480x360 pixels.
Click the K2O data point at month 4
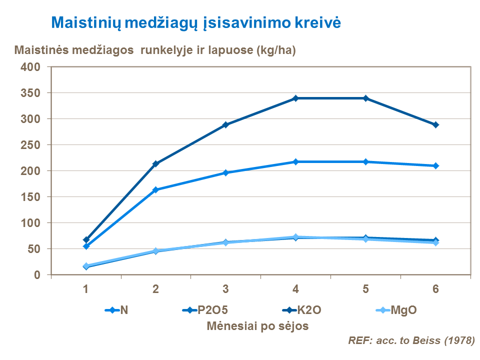coord(295,98)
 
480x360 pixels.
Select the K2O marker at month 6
coord(435,124)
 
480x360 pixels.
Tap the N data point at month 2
coord(155,190)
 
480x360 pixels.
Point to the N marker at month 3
coord(225,172)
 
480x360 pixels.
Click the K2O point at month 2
coord(155,163)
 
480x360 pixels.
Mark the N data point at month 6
coord(435,165)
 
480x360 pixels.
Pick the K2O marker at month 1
coord(86,240)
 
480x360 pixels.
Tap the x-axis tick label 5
coord(365,289)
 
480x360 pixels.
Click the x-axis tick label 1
coord(86,289)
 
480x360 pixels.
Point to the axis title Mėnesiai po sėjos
coord(257,326)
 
